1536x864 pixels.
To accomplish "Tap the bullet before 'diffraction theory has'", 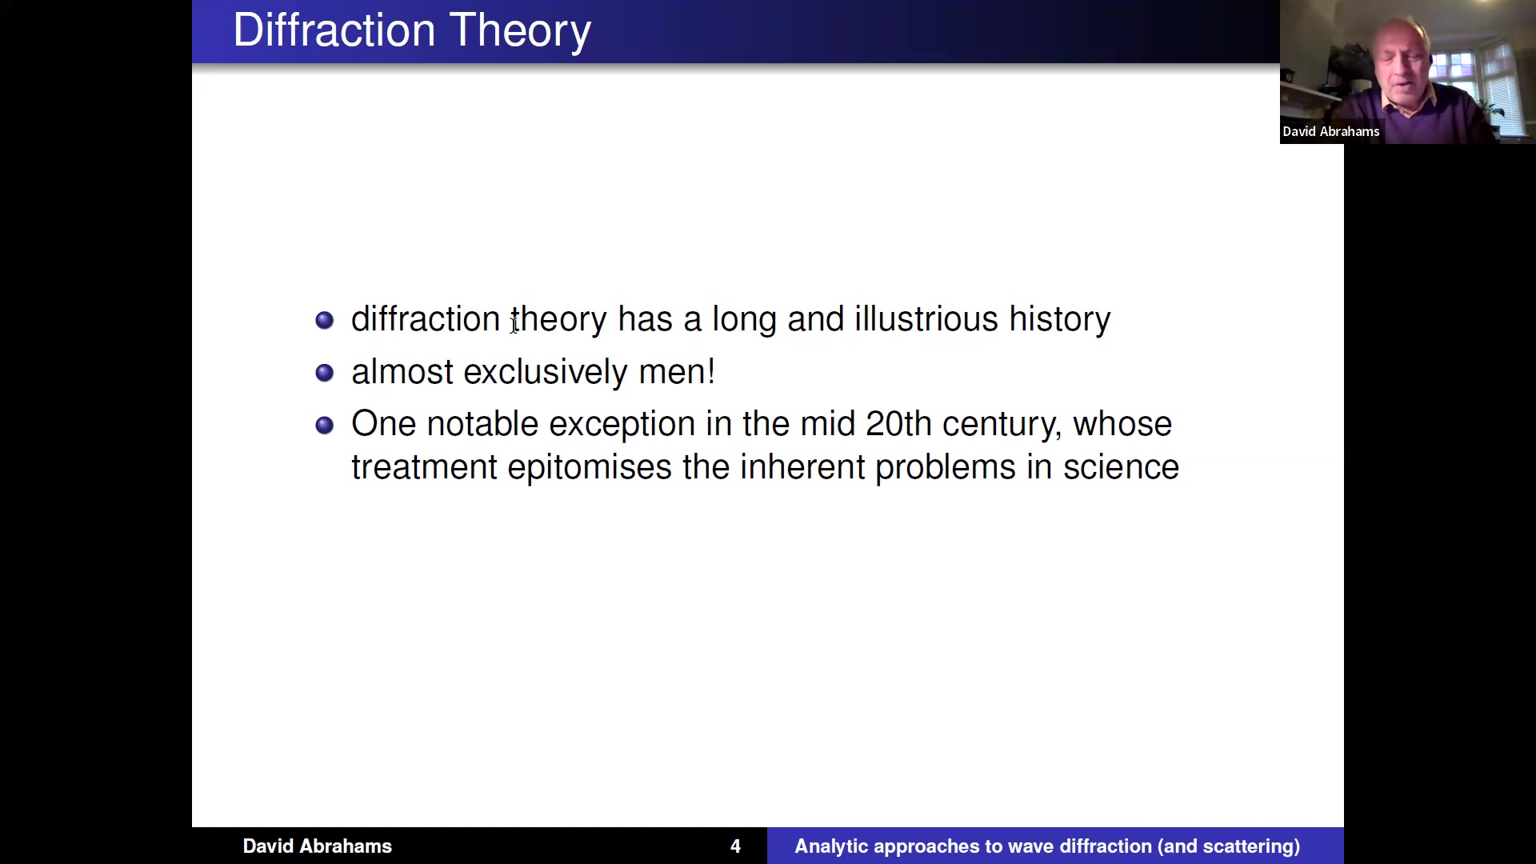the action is [324, 320].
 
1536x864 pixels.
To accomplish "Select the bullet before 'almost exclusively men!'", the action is [324, 373].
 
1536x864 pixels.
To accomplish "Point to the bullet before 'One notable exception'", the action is [324, 425].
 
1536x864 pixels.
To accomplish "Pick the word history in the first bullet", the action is [1060, 320].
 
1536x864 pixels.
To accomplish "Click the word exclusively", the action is [546, 373].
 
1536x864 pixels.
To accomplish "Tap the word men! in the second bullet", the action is [677, 372].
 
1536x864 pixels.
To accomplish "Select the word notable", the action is [482, 424].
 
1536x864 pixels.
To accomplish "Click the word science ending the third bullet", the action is [1121, 467].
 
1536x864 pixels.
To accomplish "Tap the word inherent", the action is [802, 467].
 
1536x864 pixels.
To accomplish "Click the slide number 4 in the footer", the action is [735, 846].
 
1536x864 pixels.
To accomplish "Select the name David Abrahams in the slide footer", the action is [318, 846].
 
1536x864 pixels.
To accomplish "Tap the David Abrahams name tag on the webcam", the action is [1331, 131].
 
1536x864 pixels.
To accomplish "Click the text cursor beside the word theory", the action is [514, 321].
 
